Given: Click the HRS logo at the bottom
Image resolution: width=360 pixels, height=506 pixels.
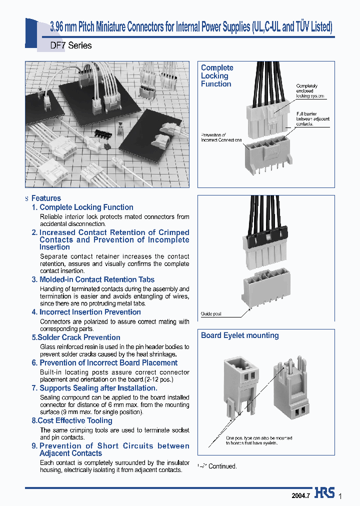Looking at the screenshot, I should point(325,493).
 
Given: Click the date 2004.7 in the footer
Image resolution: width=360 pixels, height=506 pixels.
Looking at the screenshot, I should point(301,495).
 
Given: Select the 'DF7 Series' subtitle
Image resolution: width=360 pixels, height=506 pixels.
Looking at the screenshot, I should point(71,45).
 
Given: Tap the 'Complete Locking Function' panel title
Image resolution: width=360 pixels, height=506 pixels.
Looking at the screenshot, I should point(217,76).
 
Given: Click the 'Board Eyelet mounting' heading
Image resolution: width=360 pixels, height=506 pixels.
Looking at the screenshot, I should point(239,335).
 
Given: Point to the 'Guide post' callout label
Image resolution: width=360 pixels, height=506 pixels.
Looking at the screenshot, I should point(211,314).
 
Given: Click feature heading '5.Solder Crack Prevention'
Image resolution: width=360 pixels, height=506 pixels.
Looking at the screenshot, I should point(76,337).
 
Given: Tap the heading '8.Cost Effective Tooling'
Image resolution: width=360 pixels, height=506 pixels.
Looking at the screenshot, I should point(72,420).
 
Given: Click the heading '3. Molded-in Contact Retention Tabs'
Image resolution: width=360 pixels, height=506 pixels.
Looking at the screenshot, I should point(93,279).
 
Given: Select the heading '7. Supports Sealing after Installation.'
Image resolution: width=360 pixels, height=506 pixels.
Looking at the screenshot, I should point(94,388).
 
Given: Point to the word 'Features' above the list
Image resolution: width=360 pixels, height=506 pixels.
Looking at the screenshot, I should point(46,198).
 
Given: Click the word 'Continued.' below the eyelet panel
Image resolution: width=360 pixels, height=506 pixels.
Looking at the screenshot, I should point(222,466).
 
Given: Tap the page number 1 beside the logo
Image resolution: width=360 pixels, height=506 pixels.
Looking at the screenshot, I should point(340,496).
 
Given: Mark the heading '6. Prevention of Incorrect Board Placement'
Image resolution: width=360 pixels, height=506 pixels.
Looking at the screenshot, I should point(104,362).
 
